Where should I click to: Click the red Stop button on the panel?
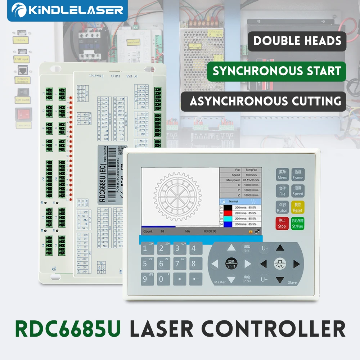pyautogui.click(x=282, y=223)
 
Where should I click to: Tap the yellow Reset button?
pyautogui.click(x=298, y=207)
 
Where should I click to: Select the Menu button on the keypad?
pyautogui.click(x=282, y=175)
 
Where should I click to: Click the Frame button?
pyautogui.click(x=298, y=175)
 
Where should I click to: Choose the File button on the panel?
pyautogui.click(x=282, y=191)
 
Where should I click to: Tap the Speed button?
pyautogui.click(x=298, y=191)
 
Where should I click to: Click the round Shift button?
pyautogui.click(x=231, y=264)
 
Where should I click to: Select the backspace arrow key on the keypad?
pyautogui.click(x=195, y=279)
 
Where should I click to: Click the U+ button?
pyautogui.click(x=265, y=248)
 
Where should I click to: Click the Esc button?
pyautogui.click(x=247, y=248)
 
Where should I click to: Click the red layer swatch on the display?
pyautogui.click(x=228, y=213)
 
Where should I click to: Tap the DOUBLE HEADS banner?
pyautogui.click(x=297, y=41)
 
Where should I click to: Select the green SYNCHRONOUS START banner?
pyautogui.click(x=276, y=71)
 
